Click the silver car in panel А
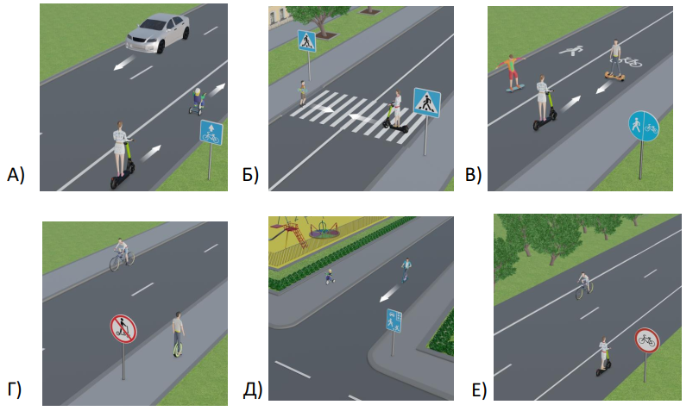(158, 33)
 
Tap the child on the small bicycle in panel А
(197, 100)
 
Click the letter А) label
(16, 175)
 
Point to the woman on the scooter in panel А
(122, 153)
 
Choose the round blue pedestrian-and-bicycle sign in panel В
(643, 128)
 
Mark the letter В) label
(473, 175)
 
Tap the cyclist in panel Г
(122, 253)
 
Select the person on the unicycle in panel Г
(177, 333)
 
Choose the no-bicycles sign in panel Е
(646, 339)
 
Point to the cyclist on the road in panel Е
(584, 285)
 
